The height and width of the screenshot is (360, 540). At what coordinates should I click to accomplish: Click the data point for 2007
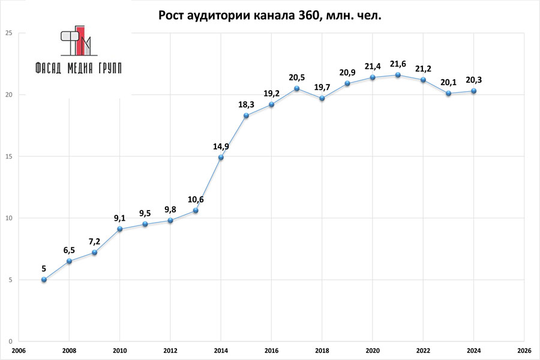tap(44, 280)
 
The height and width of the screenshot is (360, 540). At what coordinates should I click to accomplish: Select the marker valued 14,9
tap(221, 157)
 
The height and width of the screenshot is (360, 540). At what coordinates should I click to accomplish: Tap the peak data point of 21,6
tap(398, 75)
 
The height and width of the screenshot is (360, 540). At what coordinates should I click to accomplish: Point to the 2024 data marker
tap(474, 91)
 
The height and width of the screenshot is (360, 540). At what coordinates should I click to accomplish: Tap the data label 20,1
tap(449, 82)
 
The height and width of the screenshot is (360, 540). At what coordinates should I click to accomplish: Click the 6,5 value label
tap(70, 250)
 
